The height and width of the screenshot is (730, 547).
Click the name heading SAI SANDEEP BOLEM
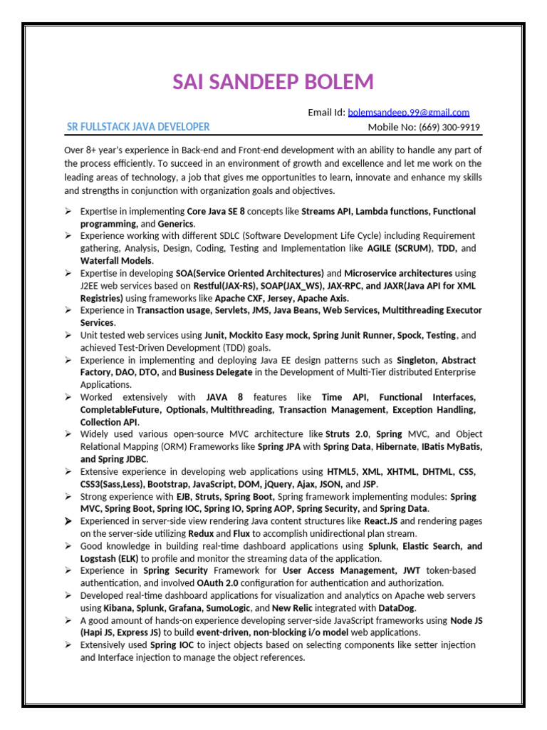click(x=273, y=82)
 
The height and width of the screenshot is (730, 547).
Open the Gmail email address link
click(x=408, y=113)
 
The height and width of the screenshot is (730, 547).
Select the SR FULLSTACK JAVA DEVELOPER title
click(x=138, y=127)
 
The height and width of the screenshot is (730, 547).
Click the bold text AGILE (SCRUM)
click(x=400, y=248)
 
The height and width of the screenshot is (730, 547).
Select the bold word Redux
click(x=200, y=533)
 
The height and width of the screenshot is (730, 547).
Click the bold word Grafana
click(x=184, y=608)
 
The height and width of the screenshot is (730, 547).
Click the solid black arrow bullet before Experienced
click(x=67, y=522)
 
